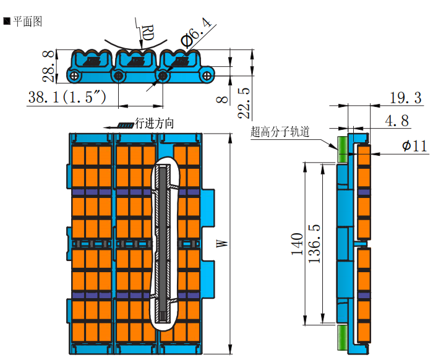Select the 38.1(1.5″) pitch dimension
tap(67, 98)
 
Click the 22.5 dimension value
tap(244, 101)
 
